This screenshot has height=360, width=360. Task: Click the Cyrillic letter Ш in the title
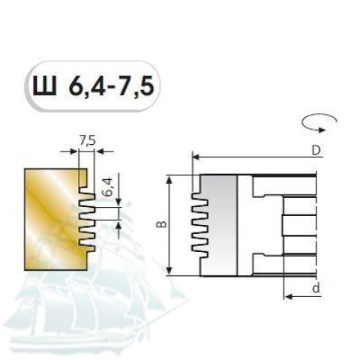click(44, 85)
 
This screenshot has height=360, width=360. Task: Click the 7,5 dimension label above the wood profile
click(88, 141)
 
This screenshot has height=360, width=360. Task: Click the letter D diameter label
click(316, 151)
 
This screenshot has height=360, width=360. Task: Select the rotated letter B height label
click(163, 224)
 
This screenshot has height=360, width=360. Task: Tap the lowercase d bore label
click(316, 287)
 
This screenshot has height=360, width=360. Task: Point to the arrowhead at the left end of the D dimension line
click(196, 157)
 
